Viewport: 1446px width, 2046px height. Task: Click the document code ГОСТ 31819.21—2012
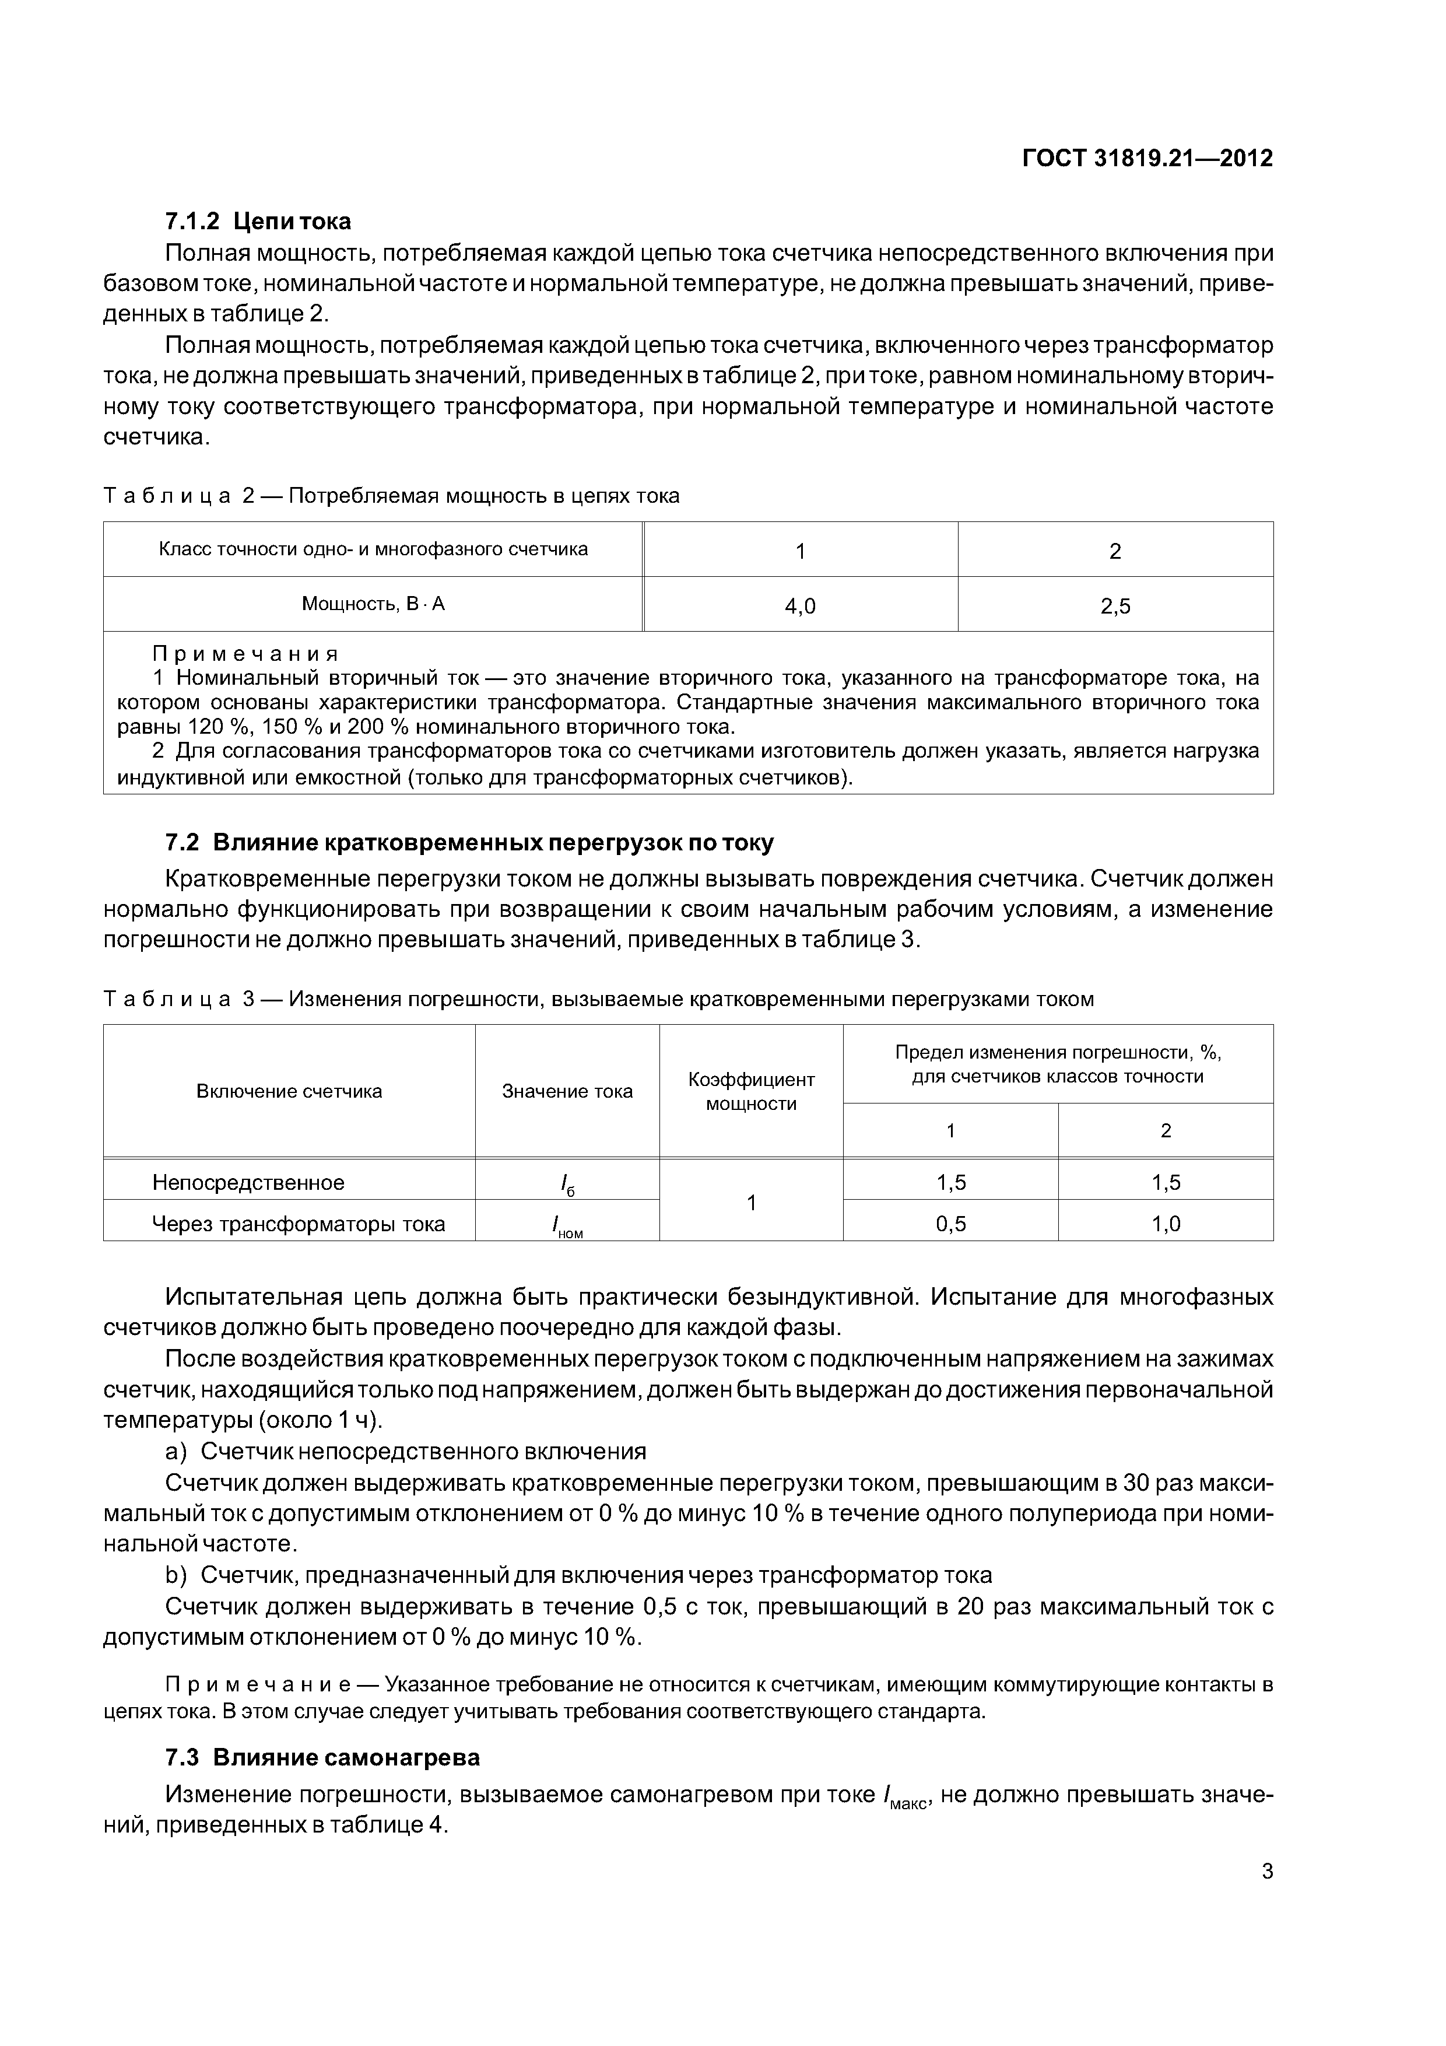(x=1147, y=159)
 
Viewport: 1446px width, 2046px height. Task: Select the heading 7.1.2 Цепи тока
(x=258, y=221)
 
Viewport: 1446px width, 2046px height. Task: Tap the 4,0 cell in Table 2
(x=799, y=607)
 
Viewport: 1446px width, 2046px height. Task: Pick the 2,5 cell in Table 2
(x=1115, y=607)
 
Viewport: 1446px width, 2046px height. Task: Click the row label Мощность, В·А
(x=373, y=604)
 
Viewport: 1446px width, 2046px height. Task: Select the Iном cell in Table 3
(x=567, y=1225)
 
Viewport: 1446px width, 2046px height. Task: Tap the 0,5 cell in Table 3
(x=950, y=1224)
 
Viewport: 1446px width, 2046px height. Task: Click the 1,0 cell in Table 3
(x=1166, y=1224)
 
